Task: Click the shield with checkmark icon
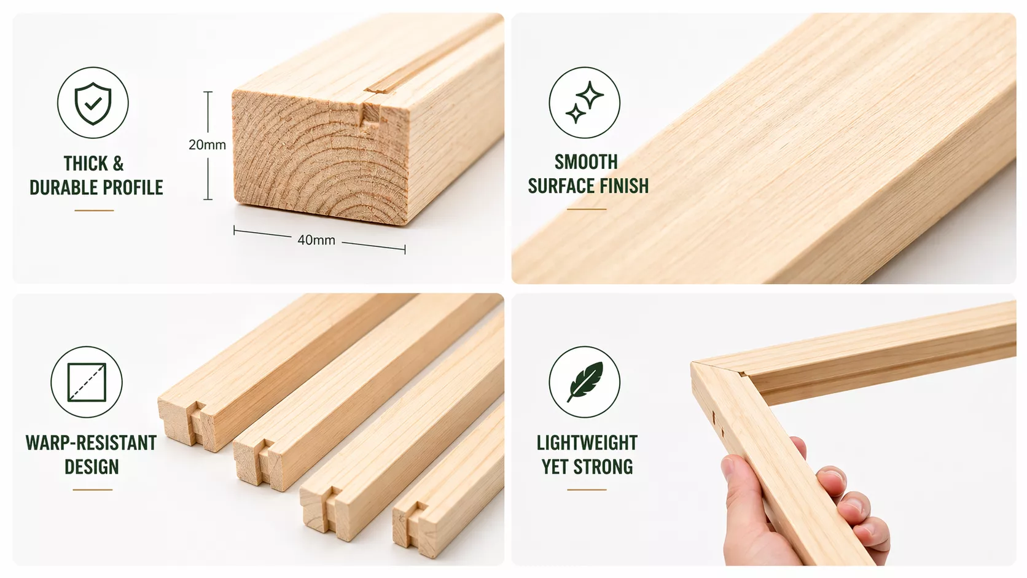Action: point(93,103)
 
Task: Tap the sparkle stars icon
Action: point(585,103)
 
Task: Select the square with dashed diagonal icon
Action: point(87,382)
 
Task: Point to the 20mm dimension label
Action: point(207,145)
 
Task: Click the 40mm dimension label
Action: point(316,240)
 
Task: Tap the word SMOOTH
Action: point(587,162)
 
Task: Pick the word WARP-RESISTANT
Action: point(92,443)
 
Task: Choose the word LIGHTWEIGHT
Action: point(587,443)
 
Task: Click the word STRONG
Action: point(603,467)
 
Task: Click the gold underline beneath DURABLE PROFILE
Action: point(94,211)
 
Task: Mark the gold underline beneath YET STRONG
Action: point(587,490)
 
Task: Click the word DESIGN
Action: point(92,467)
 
